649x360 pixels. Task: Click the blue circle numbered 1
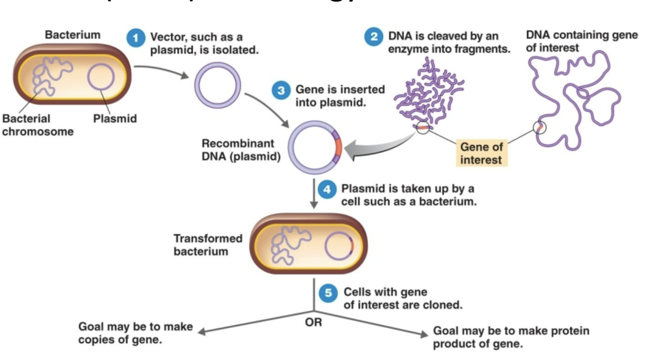click(x=135, y=39)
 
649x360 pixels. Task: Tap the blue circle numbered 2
click(x=373, y=38)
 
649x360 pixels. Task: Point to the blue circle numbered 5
click(x=328, y=293)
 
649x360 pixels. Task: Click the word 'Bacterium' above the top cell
click(x=72, y=35)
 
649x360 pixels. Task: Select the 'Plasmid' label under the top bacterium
click(x=115, y=119)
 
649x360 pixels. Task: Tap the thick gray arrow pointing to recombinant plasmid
click(x=372, y=150)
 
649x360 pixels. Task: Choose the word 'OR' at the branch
click(x=314, y=322)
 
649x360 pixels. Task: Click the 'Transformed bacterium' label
click(x=208, y=245)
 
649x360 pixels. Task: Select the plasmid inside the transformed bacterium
click(x=339, y=247)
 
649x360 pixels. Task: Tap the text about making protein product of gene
click(x=510, y=337)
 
